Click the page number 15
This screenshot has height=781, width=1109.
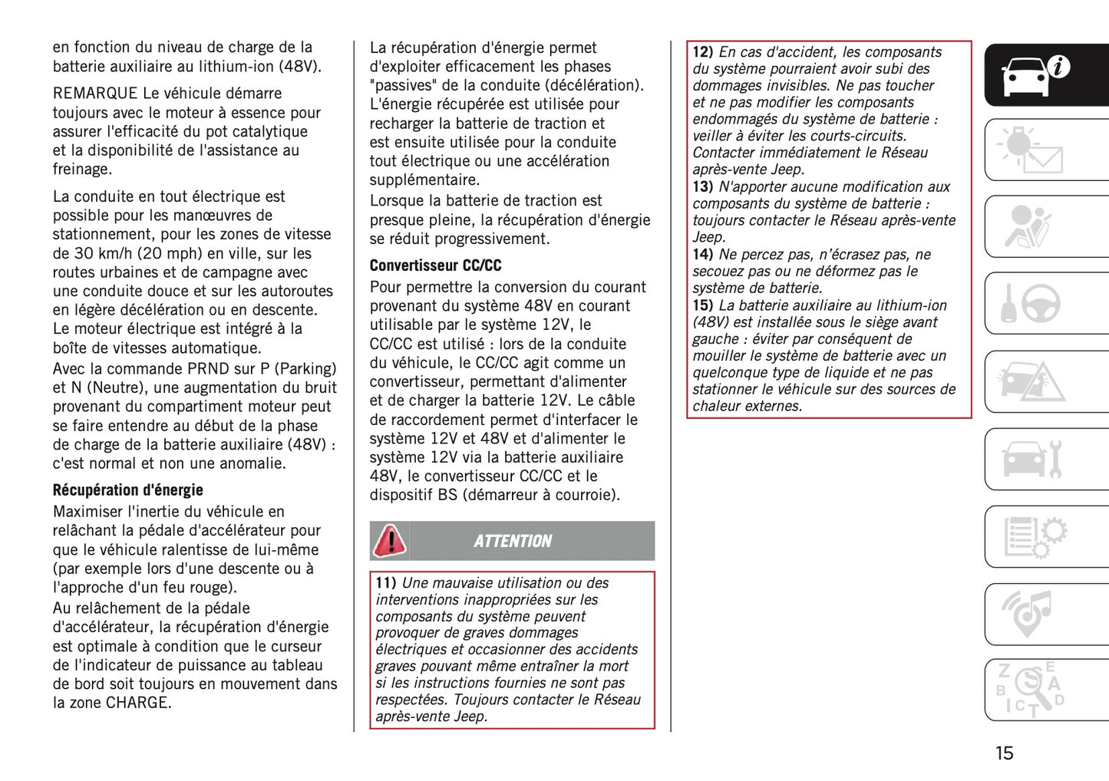tap(1004, 753)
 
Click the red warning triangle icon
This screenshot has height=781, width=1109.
tap(390, 541)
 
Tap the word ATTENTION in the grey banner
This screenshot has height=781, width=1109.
tap(513, 542)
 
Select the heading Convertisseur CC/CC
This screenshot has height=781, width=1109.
tap(435, 265)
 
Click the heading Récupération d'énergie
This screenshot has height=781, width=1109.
tap(127, 490)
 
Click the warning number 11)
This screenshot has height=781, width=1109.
tap(385, 583)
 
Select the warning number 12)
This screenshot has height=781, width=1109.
tap(702, 52)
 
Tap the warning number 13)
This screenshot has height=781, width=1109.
tap(702, 187)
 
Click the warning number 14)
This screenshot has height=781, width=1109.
tap(702, 255)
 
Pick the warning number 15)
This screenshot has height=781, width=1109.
tap(702, 305)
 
